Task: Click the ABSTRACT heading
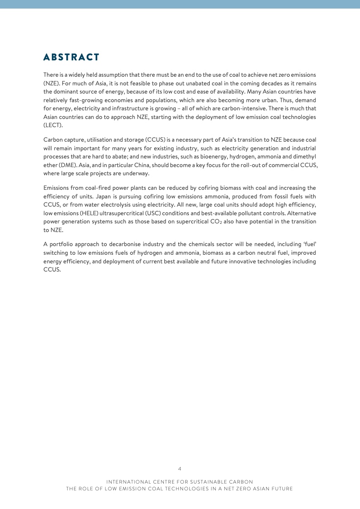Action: [x=71, y=57]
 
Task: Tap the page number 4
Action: [x=180, y=468]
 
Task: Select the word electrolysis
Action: [x=120, y=205]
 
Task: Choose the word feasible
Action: [x=142, y=84]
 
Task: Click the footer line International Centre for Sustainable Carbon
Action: [x=180, y=481]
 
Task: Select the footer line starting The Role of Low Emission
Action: [x=180, y=489]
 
